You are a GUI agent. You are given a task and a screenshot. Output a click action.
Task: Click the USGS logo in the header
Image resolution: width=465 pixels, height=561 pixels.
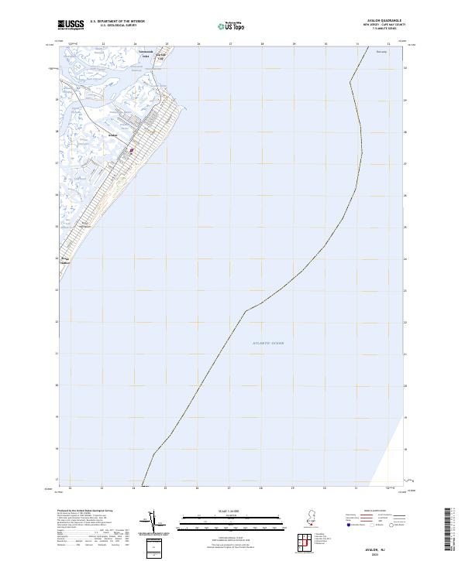[x=71, y=24]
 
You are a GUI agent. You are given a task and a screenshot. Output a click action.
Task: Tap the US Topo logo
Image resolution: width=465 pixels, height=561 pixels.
[x=232, y=26]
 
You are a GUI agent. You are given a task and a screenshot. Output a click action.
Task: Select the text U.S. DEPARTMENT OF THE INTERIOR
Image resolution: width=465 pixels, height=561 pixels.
[x=117, y=21]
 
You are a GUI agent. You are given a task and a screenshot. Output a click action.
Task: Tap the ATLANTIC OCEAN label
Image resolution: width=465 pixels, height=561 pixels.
[x=268, y=343]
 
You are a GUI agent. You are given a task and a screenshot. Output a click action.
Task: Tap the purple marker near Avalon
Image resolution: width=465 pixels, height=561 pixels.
[x=132, y=151]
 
